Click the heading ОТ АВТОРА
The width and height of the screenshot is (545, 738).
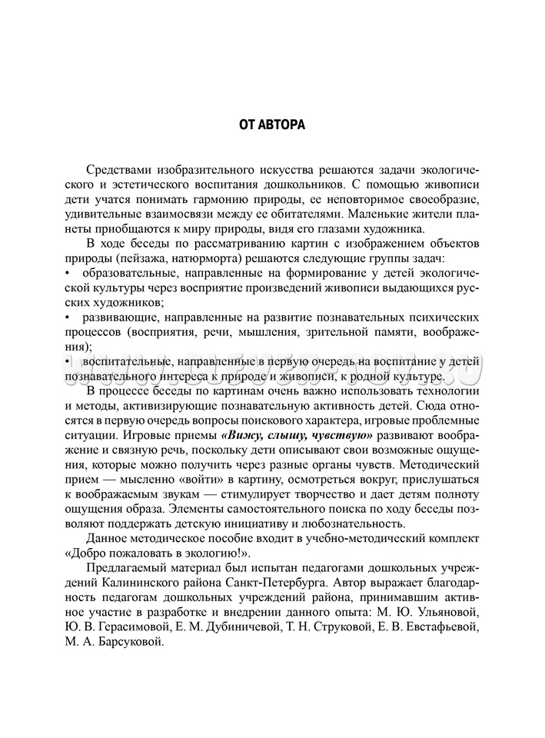(x=272, y=125)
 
